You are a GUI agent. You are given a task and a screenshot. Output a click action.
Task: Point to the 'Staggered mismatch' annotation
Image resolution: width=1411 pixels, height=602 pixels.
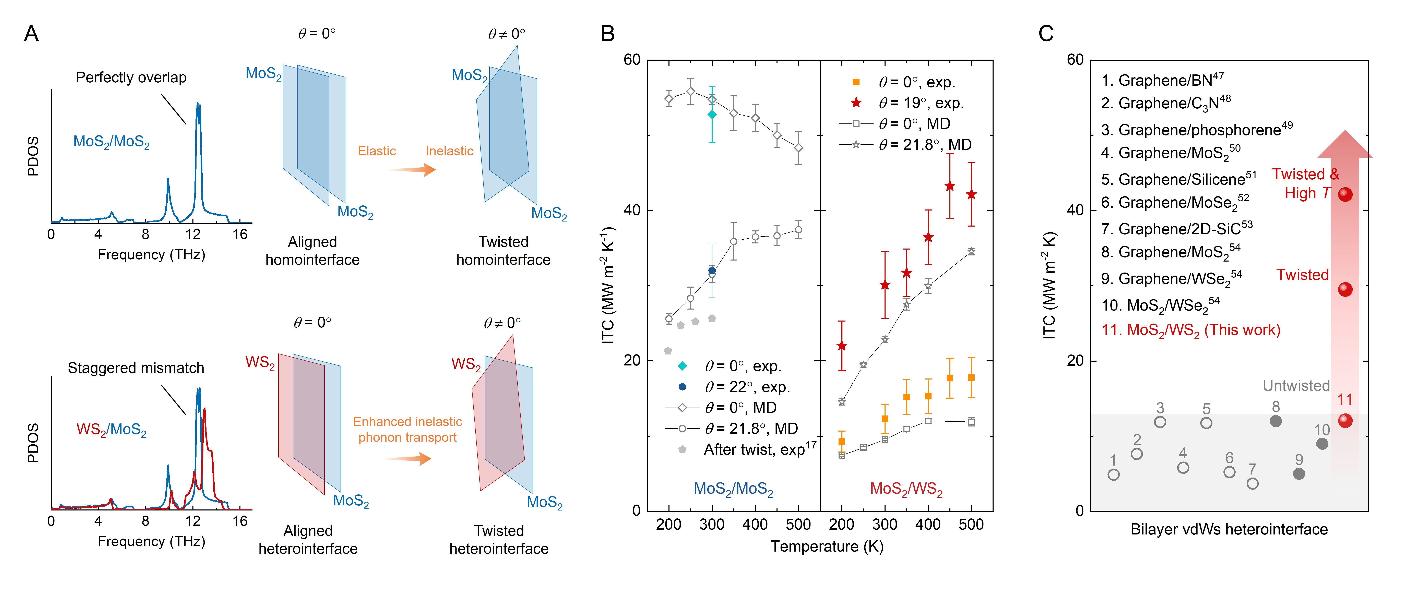pyautogui.click(x=136, y=368)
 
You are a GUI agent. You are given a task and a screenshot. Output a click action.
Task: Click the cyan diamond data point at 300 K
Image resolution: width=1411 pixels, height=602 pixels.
pyautogui.click(x=712, y=115)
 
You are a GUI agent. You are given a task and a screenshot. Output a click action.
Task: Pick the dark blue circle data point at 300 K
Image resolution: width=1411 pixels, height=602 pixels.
pyautogui.click(x=712, y=271)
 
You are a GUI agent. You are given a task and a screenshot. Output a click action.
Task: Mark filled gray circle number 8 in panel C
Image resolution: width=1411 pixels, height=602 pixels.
pyautogui.click(x=1276, y=421)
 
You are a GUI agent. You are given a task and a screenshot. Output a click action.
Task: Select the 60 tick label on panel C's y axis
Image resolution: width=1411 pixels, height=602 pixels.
pyautogui.click(x=1075, y=60)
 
